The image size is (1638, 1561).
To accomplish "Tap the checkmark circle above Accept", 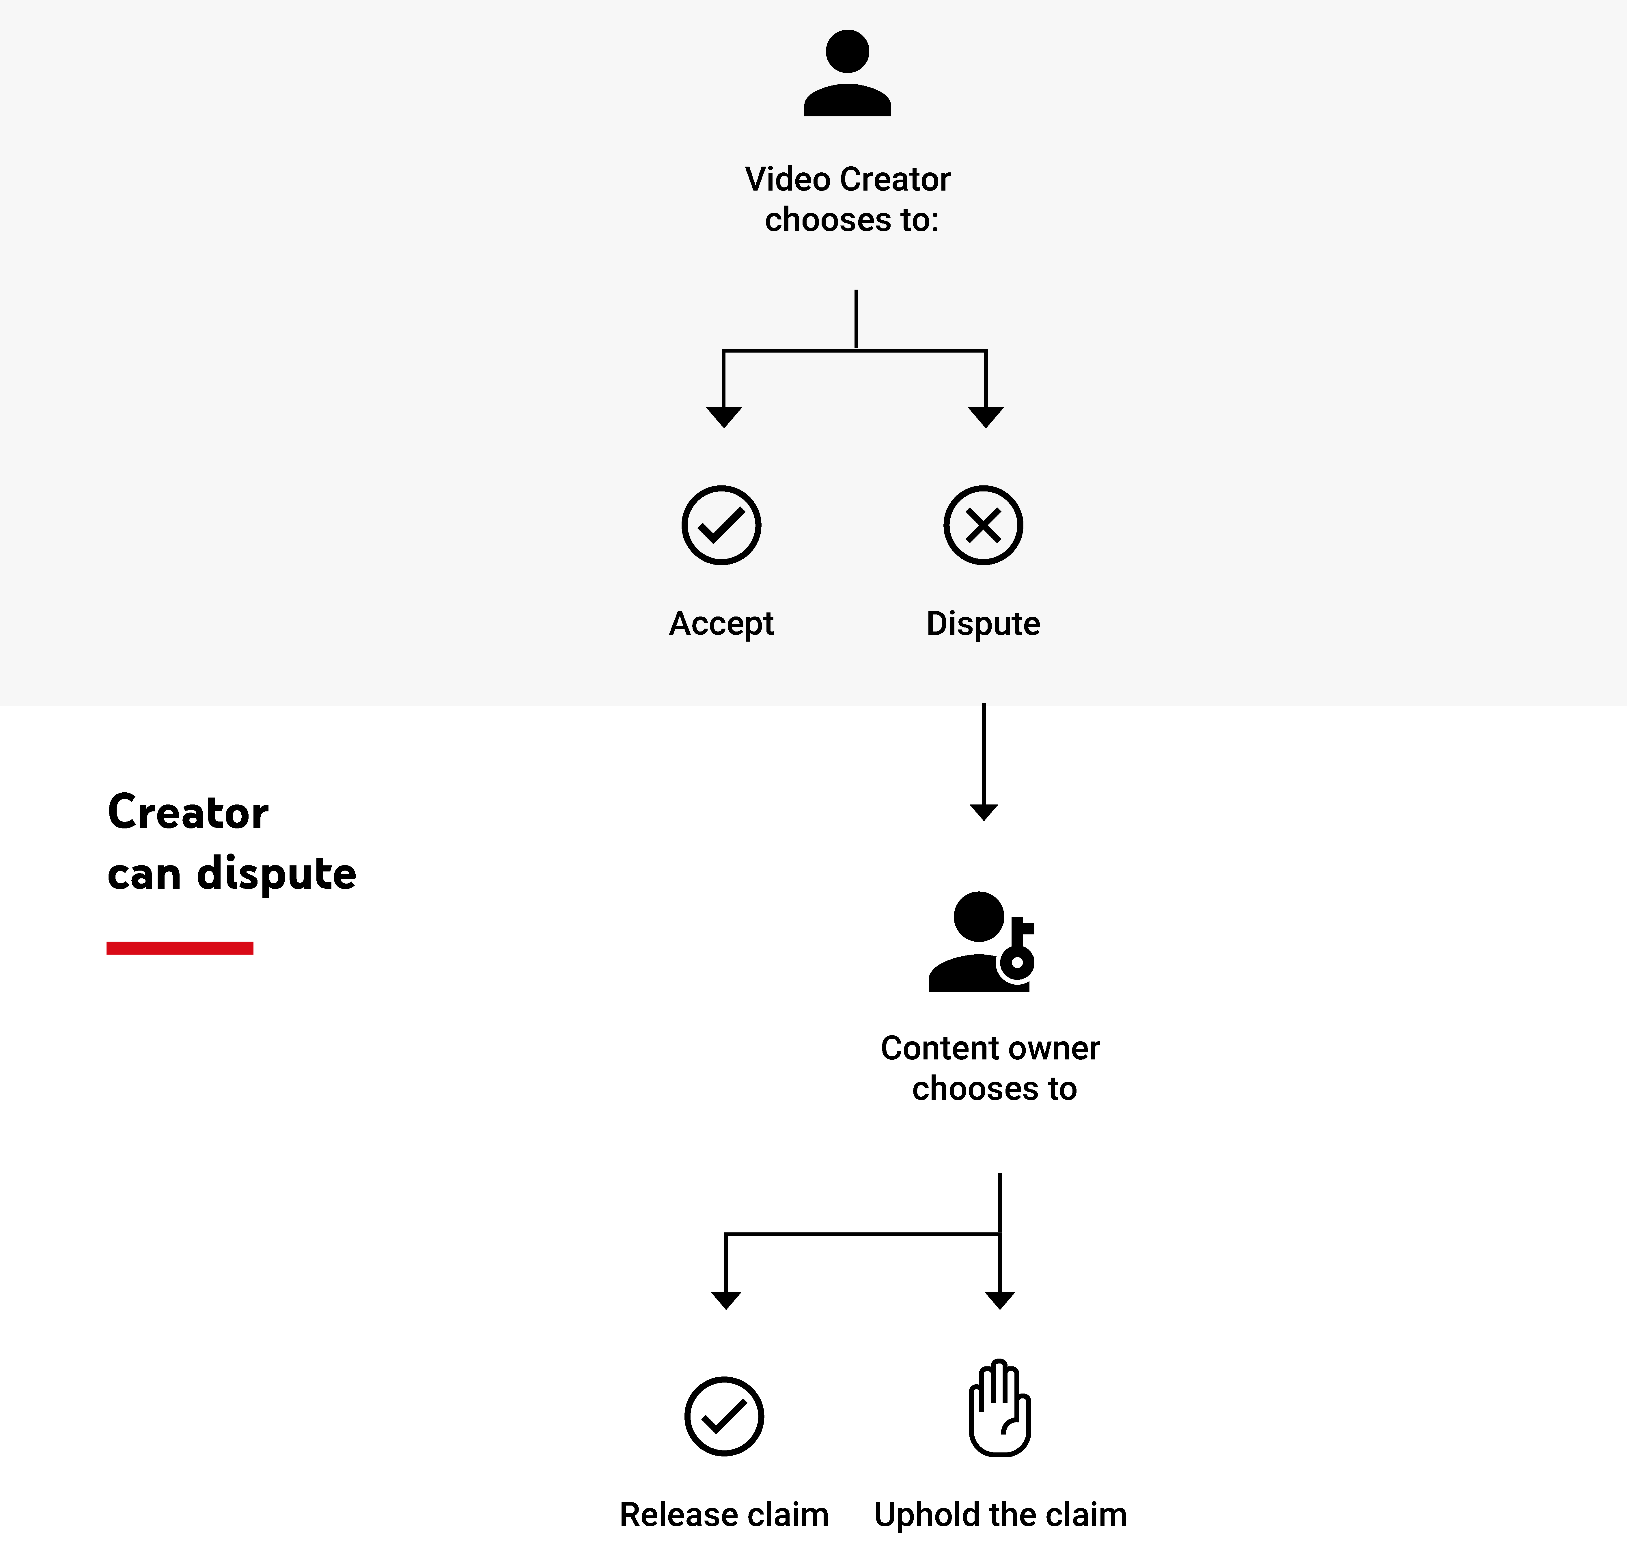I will [x=721, y=525].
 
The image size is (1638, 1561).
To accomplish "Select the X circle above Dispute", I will [x=983, y=525].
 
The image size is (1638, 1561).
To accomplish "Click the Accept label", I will [x=721, y=623].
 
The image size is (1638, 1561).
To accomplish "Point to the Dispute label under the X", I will [x=983, y=623].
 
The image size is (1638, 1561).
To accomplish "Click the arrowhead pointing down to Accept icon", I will [x=724, y=416].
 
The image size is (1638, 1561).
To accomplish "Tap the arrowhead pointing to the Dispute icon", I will [x=986, y=416].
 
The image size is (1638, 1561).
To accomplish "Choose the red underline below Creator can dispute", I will [x=180, y=948].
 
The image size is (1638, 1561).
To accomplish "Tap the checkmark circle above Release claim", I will [x=724, y=1416].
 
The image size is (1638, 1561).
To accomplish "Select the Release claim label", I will [x=724, y=1515].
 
